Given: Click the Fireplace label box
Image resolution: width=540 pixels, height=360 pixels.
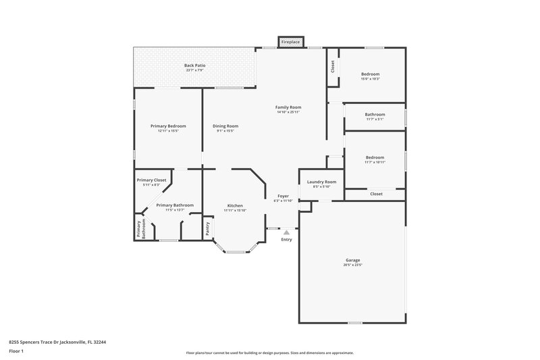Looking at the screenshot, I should (292, 42).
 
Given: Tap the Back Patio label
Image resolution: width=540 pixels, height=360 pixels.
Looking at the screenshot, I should (194, 66).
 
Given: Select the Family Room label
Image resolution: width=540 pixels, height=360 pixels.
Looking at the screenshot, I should (288, 107).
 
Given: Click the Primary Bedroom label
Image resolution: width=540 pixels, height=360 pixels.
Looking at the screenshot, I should (168, 126).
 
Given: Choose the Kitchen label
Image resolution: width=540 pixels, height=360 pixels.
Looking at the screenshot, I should (235, 205).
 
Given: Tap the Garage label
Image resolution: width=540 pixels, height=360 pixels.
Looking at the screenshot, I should (352, 260).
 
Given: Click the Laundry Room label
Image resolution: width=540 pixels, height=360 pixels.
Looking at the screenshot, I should (321, 182).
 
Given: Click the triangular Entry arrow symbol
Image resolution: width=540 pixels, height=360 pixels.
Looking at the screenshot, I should (286, 232).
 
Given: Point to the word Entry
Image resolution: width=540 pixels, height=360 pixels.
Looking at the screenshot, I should (286, 239).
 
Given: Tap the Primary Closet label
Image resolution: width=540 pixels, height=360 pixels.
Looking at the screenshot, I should (151, 180).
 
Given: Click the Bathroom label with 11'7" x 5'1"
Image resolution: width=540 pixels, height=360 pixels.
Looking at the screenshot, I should (375, 115).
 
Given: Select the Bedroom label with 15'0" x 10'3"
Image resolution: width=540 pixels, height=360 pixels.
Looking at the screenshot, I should (370, 74).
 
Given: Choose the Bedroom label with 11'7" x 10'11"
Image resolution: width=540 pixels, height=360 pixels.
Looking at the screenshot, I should (375, 157).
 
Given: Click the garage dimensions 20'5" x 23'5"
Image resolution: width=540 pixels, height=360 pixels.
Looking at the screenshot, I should (352, 265).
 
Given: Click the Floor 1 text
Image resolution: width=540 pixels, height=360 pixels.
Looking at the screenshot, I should (17, 352).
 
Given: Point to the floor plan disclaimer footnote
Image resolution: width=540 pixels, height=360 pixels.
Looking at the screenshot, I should (269, 353).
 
